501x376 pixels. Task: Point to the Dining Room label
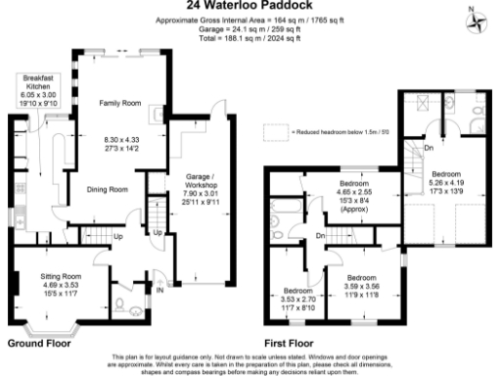tap(109, 189)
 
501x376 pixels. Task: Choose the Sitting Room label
tap(60, 277)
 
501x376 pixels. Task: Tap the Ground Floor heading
tap(40, 344)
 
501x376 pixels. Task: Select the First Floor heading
tap(288, 344)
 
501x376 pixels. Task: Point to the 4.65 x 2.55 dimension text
tap(353, 192)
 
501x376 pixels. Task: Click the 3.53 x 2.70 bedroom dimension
tap(297, 300)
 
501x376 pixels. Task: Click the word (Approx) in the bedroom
tap(353, 209)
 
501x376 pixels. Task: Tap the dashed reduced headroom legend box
tap(276, 129)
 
